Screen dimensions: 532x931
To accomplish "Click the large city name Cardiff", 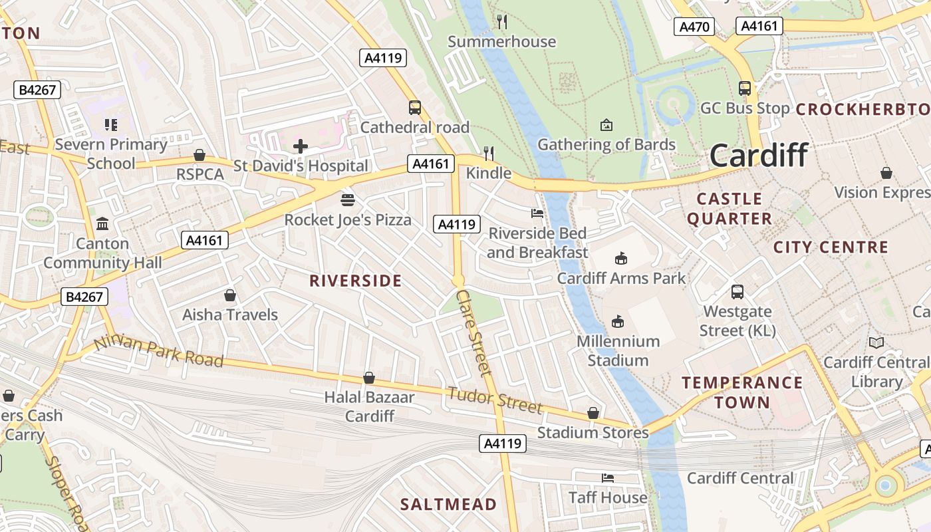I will pyautogui.click(x=759, y=156).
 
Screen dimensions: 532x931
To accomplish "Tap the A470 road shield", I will pyautogui.click(x=694, y=27).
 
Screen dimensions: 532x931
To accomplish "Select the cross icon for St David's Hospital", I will pyautogui.click(x=301, y=146).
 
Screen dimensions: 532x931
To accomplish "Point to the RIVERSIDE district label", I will pyautogui.click(x=356, y=281).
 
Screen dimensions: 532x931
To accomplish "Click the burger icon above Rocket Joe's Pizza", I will pyautogui.click(x=347, y=199).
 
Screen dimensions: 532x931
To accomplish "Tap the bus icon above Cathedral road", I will pyautogui.click(x=415, y=107).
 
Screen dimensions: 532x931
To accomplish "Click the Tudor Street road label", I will pyautogui.click(x=495, y=399).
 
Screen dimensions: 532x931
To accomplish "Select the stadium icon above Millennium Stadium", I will pyautogui.click(x=618, y=322).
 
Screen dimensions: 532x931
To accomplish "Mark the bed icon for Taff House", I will pyautogui.click(x=607, y=477).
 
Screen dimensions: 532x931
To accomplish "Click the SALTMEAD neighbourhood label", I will pyautogui.click(x=448, y=504).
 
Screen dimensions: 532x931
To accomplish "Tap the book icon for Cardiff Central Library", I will pyautogui.click(x=876, y=343).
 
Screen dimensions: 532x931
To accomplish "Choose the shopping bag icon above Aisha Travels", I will pyautogui.click(x=230, y=295).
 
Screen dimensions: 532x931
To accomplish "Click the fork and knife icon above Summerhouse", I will pyautogui.click(x=502, y=22).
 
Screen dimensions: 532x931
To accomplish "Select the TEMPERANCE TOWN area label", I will pyautogui.click(x=742, y=392).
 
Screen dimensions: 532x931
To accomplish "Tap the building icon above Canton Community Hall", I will pyautogui.click(x=102, y=224).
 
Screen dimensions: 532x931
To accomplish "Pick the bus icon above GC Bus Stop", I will pyautogui.click(x=745, y=88).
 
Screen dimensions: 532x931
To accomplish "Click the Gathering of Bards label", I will pyautogui.click(x=606, y=144).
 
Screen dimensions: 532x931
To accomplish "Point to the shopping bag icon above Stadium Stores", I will pyautogui.click(x=593, y=413).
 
